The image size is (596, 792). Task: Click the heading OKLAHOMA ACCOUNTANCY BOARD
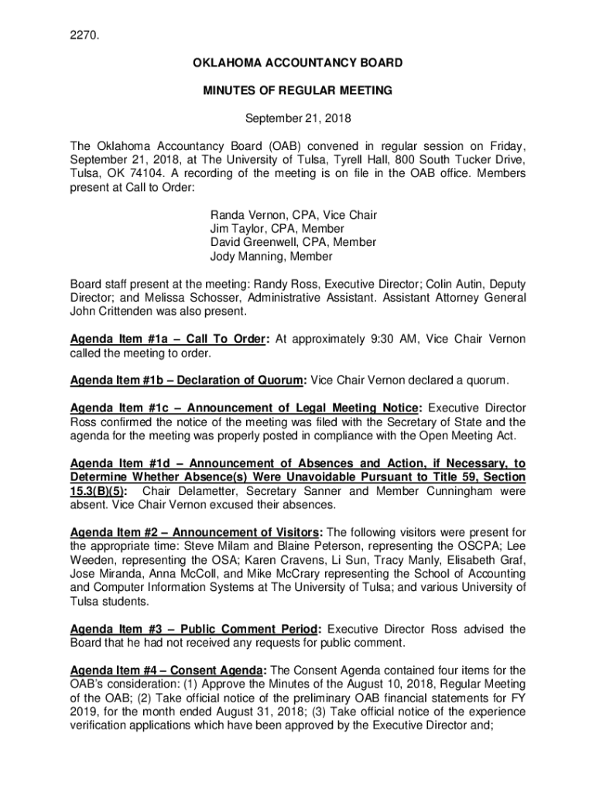click(298, 62)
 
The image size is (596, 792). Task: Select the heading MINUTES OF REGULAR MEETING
click(298, 90)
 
